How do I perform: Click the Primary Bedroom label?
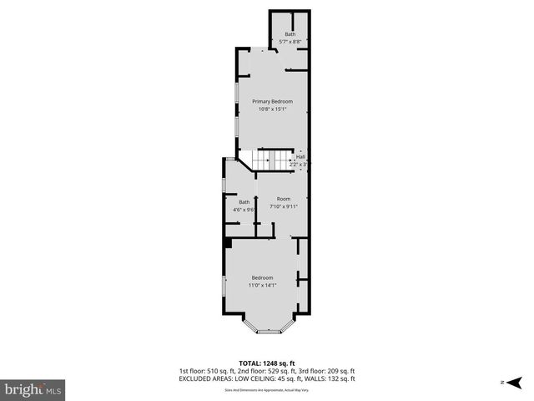[x=273, y=101]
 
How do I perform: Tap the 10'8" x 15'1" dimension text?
[x=273, y=109]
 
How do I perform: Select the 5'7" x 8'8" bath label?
[x=290, y=33]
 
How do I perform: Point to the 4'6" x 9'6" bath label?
[x=244, y=201]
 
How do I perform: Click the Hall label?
[x=300, y=156]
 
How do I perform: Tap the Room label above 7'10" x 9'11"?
[x=284, y=198]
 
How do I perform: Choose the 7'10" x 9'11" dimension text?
[x=284, y=206]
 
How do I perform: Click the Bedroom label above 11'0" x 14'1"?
[x=263, y=278]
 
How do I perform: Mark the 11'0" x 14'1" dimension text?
[x=263, y=286]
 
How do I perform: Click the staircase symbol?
[x=271, y=159]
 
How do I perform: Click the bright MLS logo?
[x=33, y=389]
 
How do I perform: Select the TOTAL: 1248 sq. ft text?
[x=267, y=363]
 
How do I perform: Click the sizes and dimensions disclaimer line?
[x=266, y=389]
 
